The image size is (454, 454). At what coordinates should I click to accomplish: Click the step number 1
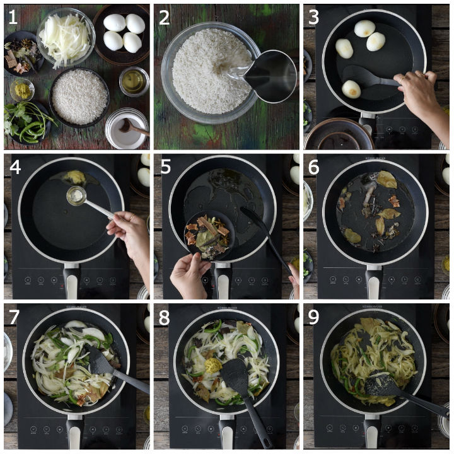(x=13, y=17)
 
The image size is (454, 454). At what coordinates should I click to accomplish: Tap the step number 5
(x=166, y=167)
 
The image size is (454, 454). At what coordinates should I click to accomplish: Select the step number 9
(x=313, y=317)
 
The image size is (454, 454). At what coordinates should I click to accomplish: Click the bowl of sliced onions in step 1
(x=66, y=38)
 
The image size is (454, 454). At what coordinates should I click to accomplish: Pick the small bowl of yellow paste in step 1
(x=22, y=90)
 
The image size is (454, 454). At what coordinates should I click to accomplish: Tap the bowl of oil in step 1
(x=134, y=81)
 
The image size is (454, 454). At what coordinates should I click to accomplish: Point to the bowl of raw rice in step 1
(x=79, y=98)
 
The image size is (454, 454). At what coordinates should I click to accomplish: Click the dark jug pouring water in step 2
(x=270, y=76)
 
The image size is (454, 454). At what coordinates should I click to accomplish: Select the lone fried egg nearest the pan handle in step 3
(x=351, y=89)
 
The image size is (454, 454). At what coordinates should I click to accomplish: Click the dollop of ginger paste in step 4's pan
(x=74, y=177)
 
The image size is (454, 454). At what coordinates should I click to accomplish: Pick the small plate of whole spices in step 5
(x=209, y=235)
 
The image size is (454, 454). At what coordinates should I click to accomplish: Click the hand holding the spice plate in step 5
(x=190, y=275)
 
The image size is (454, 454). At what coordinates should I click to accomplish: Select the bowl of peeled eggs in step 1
(x=122, y=35)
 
